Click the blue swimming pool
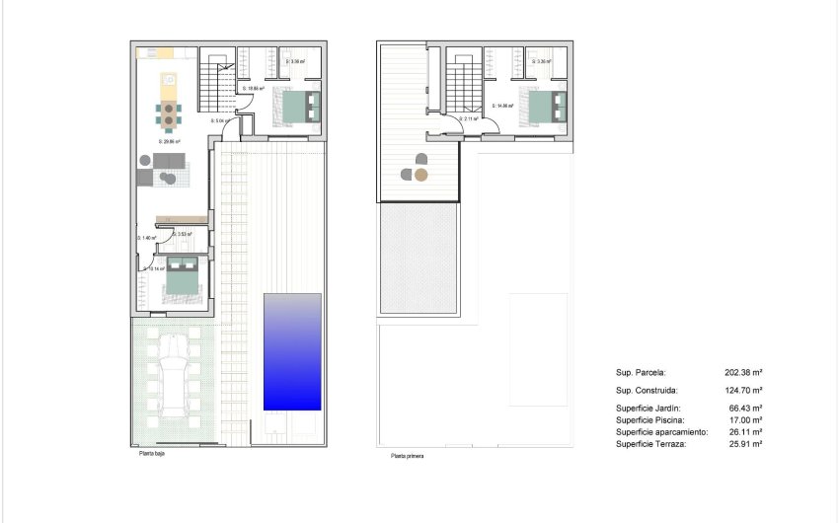[x=292, y=351]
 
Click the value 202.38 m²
[x=744, y=373]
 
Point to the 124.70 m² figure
[x=744, y=390]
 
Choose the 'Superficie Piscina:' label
[x=648, y=419]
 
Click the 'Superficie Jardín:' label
[x=648, y=408]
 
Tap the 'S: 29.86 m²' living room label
[x=170, y=141]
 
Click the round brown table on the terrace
[x=421, y=176]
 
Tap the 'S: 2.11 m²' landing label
[x=470, y=118]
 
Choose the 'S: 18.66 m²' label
[x=253, y=88]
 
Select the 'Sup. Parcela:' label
[x=641, y=373]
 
